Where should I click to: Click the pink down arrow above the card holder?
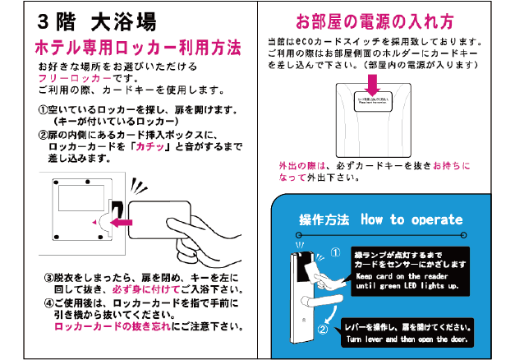pyautogui.click(x=372, y=84)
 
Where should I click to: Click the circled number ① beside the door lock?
pyautogui.click(x=335, y=253)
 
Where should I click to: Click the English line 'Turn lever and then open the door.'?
pyautogui.click(x=407, y=339)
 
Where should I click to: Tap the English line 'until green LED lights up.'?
pyautogui.click(x=407, y=287)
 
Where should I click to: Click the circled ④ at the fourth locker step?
pyautogui.click(x=48, y=302)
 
